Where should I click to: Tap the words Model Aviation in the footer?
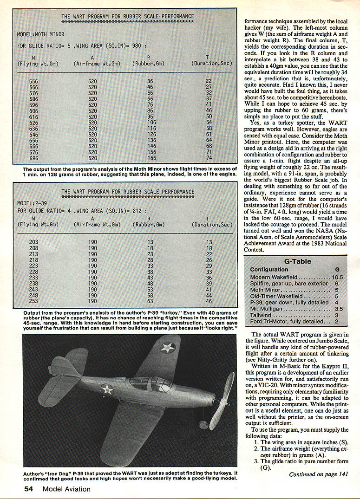point(66,488)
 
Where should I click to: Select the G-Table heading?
point(297,261)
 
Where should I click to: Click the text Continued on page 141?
point(318,474)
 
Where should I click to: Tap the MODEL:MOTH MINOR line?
point(41,34)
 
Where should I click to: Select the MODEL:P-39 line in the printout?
point(33,203)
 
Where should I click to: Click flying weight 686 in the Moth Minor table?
point(34,158)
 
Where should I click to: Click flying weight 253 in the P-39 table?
point(34,301)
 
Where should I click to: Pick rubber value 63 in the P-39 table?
point(150,301)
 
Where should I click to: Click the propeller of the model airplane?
point(221,399)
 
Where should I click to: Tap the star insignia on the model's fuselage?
point(107,389)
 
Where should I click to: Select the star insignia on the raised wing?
point(167,347)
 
